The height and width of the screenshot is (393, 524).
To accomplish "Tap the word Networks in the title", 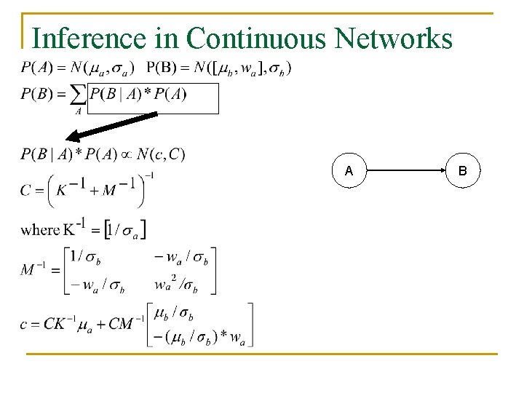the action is [x=394, y=39].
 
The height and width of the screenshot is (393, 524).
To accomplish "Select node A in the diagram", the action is [x=349, y=171].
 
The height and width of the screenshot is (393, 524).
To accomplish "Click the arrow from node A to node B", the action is [x=406, y=171].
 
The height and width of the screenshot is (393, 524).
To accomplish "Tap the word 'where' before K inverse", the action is [x=40, y=230].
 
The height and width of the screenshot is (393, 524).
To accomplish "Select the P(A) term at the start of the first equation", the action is [x=35, y=68].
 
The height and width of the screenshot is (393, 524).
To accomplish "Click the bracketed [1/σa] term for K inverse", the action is [x=126, y=231].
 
